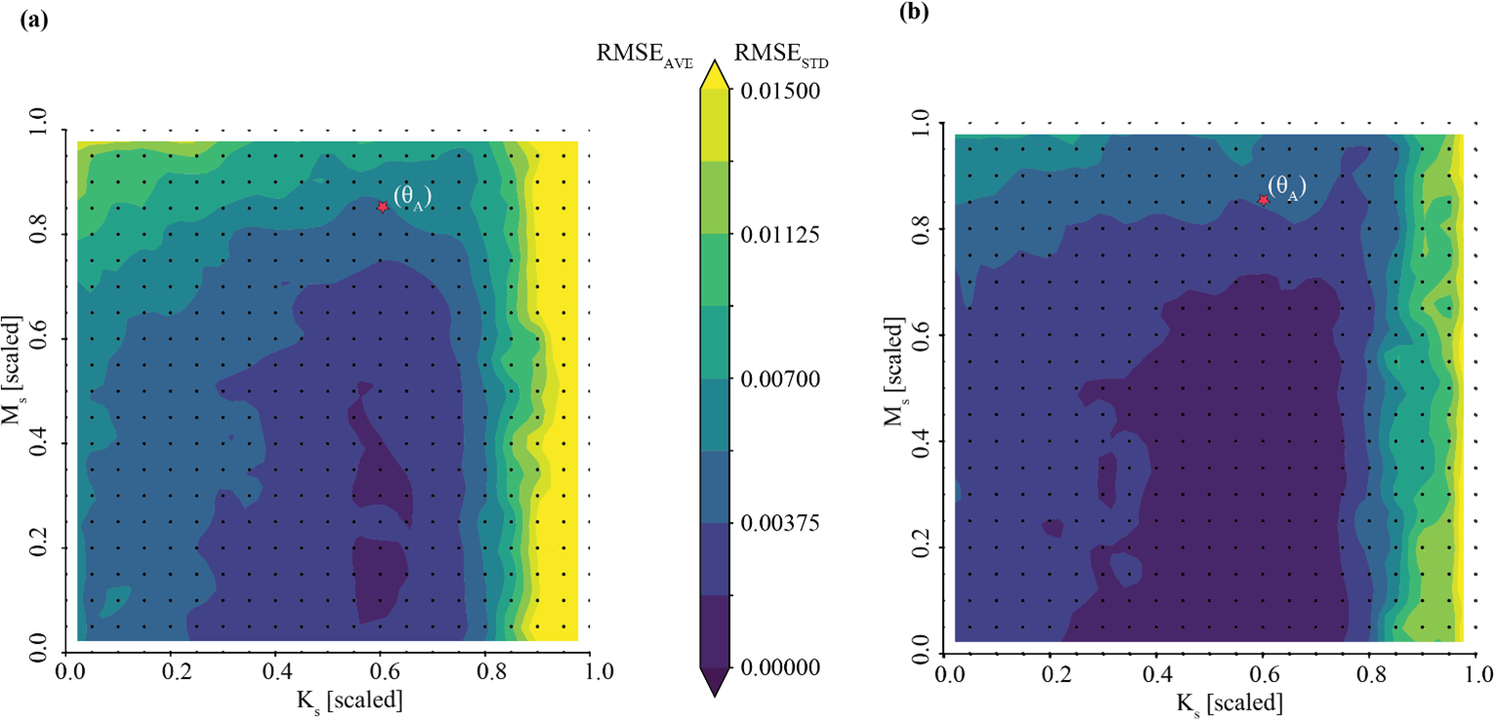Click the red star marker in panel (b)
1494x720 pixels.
[1263, 200]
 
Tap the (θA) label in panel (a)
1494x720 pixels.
[412, 197]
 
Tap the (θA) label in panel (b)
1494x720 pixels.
[1286, 188]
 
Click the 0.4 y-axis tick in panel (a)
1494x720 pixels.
[44, 444]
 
